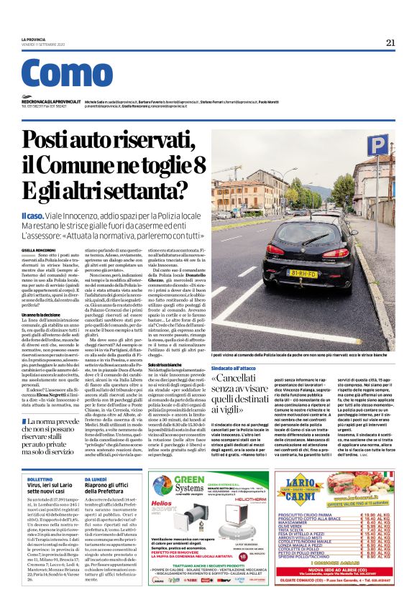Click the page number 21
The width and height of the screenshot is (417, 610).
(x=390, y=42)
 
